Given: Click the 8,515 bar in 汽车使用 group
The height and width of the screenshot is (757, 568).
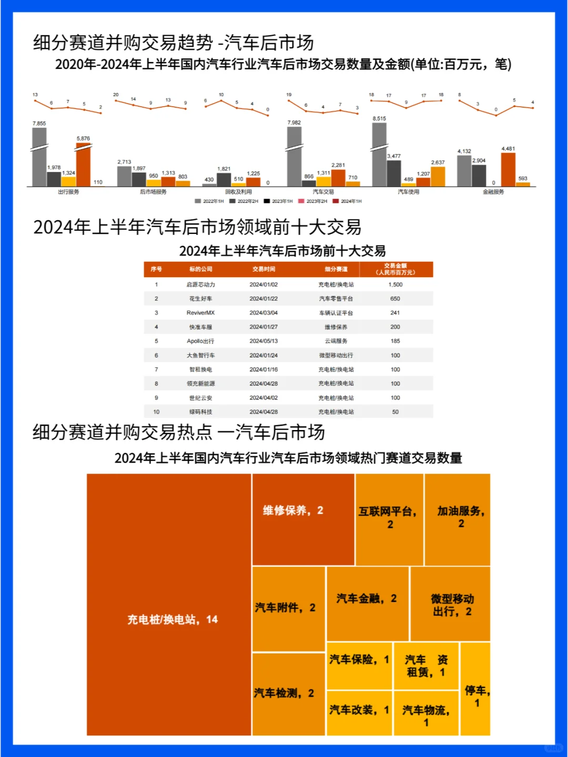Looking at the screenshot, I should [379, 155].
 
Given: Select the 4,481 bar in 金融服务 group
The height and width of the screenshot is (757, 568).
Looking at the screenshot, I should [508, 169].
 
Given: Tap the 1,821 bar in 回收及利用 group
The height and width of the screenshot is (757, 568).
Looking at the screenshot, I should [224, 179].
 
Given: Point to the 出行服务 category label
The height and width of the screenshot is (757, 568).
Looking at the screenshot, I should [68, 192].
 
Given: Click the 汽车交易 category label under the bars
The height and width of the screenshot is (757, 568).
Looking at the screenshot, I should [323, 192].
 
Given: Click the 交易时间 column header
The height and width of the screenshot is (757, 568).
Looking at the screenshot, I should [263, 269].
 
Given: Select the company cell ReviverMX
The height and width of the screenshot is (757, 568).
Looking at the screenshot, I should [200, 313].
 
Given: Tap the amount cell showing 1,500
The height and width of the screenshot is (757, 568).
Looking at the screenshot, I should [395, 284].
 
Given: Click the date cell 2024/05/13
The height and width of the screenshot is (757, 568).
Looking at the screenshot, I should [263, 341].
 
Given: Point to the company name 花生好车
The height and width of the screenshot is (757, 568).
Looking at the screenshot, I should [200, 299].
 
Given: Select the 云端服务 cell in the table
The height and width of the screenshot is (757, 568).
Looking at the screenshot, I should [336, 341].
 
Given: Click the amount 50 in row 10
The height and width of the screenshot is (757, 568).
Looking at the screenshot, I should [395, 412].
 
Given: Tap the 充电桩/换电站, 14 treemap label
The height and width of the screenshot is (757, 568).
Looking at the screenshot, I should [173, 620].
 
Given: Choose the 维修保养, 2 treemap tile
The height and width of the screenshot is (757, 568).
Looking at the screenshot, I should [303, 519].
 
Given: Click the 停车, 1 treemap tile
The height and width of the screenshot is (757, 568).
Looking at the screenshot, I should [475, 689].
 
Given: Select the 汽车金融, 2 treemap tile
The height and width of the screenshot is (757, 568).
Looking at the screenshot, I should [367, 603].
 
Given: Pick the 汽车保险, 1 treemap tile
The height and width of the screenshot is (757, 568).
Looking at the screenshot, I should [359, 666].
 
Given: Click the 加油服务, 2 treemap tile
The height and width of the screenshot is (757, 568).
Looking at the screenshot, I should [458, 519].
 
